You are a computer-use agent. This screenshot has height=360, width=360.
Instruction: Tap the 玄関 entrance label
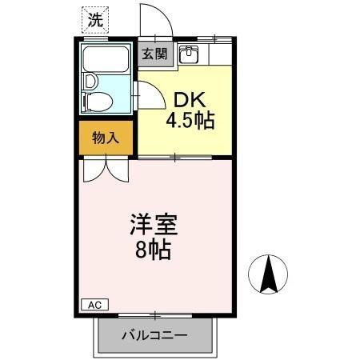click(154, 54)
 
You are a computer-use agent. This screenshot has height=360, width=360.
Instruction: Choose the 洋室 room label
click(150, 225)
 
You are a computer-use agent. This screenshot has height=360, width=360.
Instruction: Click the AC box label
click(94, 305)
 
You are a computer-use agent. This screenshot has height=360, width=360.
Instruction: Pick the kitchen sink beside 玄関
click(190, 55)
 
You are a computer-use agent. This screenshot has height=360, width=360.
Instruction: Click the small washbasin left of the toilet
click(89, 81)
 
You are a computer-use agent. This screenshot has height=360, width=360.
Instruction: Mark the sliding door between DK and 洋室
click(175, 156)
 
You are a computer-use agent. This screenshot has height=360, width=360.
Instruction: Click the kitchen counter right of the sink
click(218, 55)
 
